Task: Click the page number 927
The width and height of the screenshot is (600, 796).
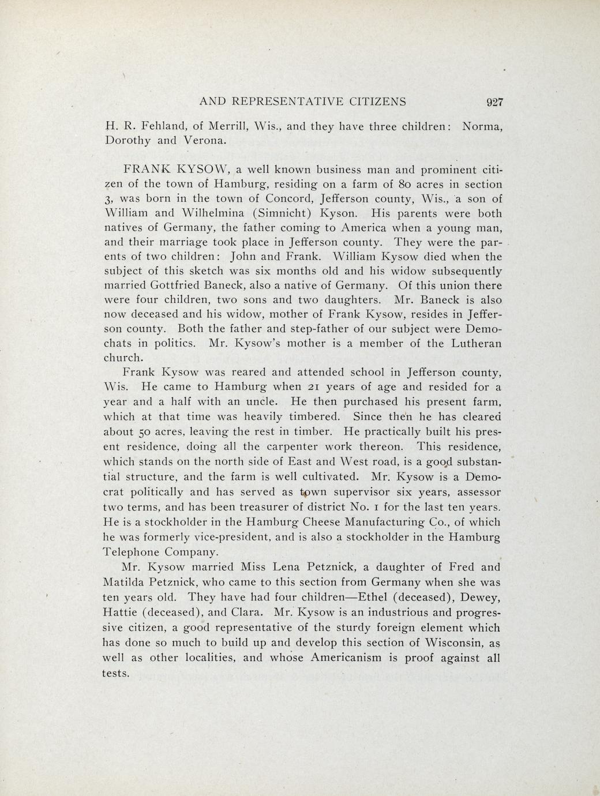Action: click(495, 102)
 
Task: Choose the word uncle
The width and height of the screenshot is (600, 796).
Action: click(265, 401)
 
